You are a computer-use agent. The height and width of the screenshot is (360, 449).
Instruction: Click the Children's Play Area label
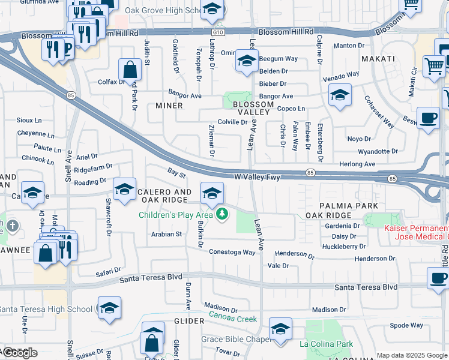tap(176, 214)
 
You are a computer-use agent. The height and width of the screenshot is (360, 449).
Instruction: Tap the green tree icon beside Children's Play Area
tap(222, 214)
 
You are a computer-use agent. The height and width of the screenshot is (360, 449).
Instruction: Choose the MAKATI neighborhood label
tap(378, 58)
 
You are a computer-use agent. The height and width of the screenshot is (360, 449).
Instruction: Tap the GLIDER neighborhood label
tap(185, 321)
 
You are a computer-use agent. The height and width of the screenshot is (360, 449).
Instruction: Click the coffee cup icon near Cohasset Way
tap(428, 117)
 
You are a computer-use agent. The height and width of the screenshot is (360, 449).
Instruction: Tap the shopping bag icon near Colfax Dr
tap(130, 70)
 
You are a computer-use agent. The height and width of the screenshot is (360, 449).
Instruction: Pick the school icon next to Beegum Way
tap(247, 61)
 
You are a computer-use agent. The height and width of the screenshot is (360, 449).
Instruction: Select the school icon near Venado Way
tap(340, 95)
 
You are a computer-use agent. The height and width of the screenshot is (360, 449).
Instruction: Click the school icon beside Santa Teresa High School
tap(109, 308)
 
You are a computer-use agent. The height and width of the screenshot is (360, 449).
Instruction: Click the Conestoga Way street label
tap(232, 252)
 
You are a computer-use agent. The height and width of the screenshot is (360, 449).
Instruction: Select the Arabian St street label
tap(166, 234)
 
